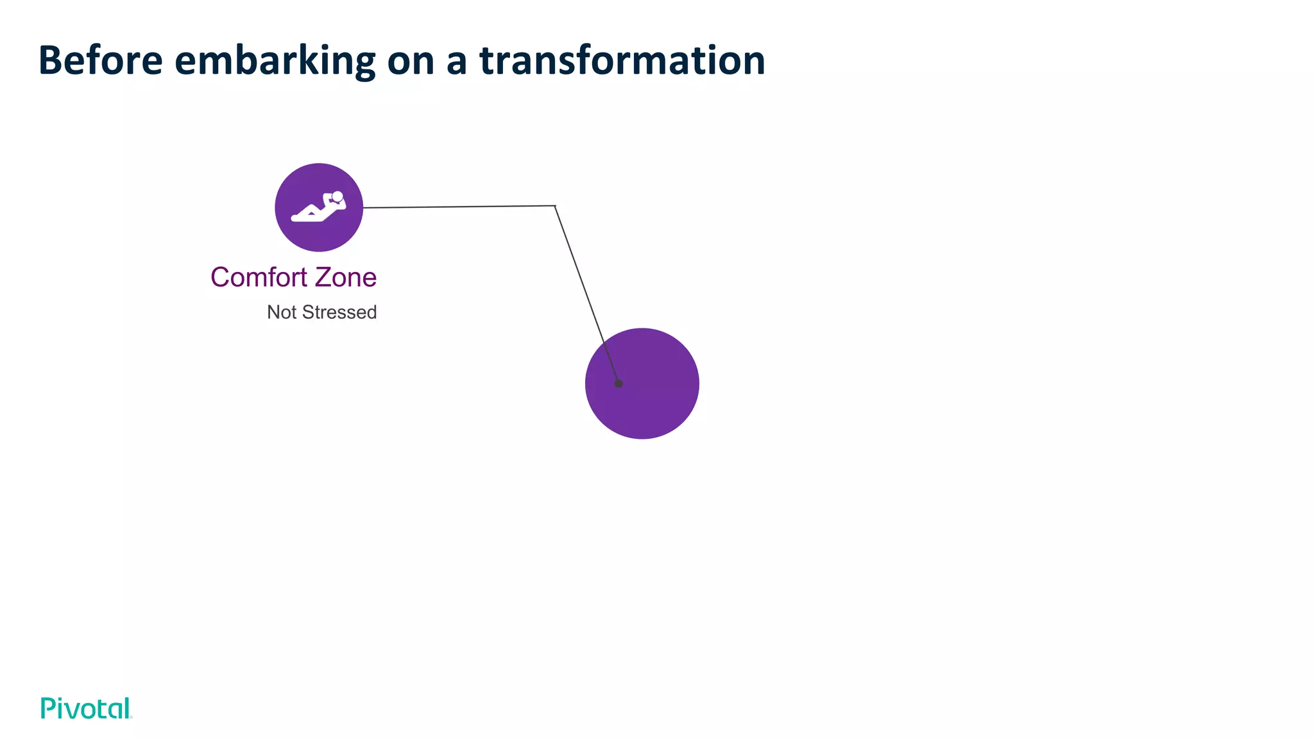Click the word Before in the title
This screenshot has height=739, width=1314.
click(101, 60)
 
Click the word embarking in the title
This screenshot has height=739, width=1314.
click(275, 60)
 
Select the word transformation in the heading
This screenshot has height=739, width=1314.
click(622, 60)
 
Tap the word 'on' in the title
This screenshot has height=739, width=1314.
click(411, 60)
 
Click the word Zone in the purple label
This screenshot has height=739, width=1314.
click(345, 278)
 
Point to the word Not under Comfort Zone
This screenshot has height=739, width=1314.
click(282, 312)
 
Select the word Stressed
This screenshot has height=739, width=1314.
click(339, 312)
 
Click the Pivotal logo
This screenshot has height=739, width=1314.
click(86, 708)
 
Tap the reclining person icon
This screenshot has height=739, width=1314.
click(319, 207)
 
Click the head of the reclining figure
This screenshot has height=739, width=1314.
click(337, 196)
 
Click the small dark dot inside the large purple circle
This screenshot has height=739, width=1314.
click(619, 384)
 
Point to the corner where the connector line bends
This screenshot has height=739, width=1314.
click(555, 206)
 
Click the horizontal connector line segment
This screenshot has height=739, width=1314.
click(459, 207)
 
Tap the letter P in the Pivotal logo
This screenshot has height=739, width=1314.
click(47, 708)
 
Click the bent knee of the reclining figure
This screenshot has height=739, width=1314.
click(312, 207)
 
